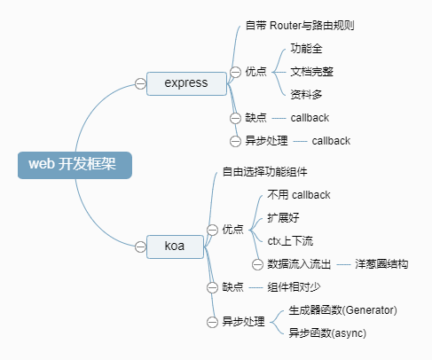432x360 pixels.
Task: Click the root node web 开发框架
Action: click(x=75, y=164)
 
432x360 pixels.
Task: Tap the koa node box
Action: click(x=175, y=245)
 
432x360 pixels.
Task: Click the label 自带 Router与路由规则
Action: click(x=301, y=25)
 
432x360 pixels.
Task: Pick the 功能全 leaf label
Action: click(x=307, y=48)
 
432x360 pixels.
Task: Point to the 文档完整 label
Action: click(x=312, y=71)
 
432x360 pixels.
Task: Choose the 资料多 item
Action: click(x=307, y=94)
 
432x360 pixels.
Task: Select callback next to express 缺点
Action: click(x=310, y=117)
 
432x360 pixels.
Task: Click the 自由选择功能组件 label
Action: click(x=263, y=170)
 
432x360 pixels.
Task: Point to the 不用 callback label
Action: click(x=298, y=194)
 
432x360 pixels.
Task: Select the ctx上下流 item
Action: click(x=290, y=240)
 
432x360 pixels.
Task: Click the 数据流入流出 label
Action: click(x=299, y=263)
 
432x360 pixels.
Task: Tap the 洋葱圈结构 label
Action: click(x=381, y=263)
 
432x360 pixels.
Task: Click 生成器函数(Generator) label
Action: click(x=342, y=310)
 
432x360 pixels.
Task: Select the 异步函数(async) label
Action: click(x=327, y=333)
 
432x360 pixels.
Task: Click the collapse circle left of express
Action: click(x=140, y=83)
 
